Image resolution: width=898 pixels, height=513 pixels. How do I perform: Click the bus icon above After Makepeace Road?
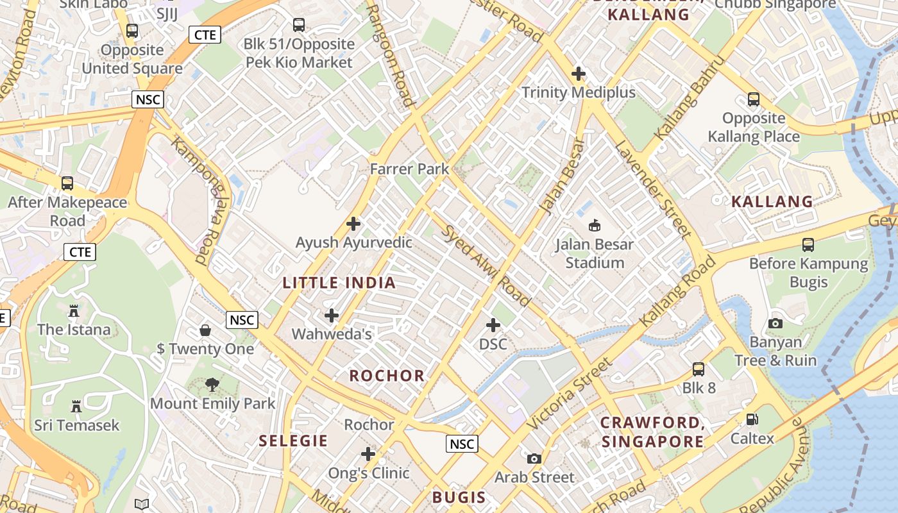[67, 183]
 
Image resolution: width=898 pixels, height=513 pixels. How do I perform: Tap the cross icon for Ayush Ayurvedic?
[353, 224]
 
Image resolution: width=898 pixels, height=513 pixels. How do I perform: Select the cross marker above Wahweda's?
[332, 315]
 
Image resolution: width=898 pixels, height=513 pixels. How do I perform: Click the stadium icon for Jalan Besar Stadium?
[595, 225]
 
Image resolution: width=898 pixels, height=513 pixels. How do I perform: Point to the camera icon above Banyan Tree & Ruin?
[775, 323]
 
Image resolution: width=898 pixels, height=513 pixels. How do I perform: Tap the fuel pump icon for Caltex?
[752, 419]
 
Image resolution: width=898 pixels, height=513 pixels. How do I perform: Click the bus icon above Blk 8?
[699, 369]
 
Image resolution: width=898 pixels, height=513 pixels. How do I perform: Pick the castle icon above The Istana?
[73, 311]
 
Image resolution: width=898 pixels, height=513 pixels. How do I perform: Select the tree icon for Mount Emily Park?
[212, 385]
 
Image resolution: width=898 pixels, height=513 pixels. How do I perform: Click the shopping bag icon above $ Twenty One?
[205, 330]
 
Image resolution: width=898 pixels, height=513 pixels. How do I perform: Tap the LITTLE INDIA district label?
[339, 283]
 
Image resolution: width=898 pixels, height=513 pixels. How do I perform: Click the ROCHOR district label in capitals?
[387, 376]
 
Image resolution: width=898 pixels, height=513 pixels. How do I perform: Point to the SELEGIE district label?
[293, 441]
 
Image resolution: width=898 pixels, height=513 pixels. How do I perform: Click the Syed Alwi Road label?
[486, 266]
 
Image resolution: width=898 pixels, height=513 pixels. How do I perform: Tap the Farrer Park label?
[410, 169]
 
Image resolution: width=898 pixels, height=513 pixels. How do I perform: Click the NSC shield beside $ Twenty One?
[242, 320]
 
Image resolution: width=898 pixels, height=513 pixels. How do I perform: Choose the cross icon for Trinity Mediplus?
[579, 74]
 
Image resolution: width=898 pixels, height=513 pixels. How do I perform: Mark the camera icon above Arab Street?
[534, 458]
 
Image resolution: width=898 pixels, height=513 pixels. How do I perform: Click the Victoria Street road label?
[570, 394]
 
